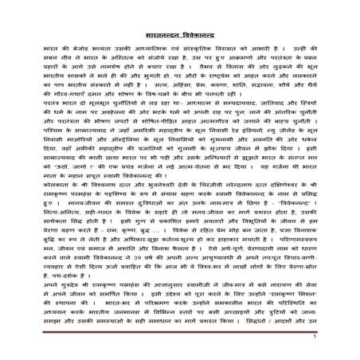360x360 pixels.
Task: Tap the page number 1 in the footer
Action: click(337, 338)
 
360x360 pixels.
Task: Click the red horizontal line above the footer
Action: click(179, 333)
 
